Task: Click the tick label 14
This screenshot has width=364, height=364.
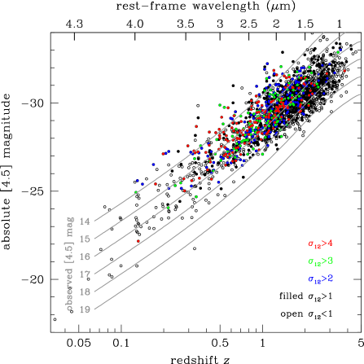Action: pos(85,221)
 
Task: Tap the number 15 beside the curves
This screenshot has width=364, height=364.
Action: pos(85,239)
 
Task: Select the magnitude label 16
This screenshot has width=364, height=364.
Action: pos(85,257)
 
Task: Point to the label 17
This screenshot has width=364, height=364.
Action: pos(85,274)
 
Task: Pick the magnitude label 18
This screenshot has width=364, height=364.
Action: pos(85,292)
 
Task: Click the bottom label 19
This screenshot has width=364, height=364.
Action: pos(85,309)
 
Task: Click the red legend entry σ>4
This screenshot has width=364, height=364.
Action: pos(321,243)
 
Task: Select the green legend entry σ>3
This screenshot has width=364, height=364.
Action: pos(321,261)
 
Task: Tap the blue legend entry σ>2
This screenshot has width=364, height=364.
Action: pos(321,278)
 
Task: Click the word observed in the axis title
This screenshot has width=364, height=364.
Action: pos(71,287)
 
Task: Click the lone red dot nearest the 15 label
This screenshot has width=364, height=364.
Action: pos(138,241)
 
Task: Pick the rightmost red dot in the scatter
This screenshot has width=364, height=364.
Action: pos(344,70)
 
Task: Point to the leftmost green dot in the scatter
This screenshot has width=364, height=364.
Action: pos(136,192)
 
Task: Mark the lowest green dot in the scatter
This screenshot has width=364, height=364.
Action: pos(168,208)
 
